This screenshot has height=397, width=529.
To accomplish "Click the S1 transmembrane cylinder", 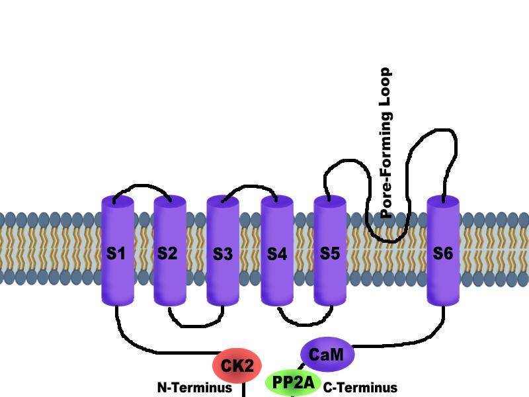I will [117, 252].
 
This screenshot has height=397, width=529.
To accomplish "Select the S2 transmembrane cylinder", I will [169, 252].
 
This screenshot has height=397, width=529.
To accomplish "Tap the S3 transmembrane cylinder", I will [223, 252].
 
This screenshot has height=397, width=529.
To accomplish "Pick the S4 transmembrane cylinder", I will [276, 252].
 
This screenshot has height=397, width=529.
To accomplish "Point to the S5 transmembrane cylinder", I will [329, 252].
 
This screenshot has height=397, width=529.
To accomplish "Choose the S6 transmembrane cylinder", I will [442, 252].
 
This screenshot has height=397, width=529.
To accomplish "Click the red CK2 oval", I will [237, 365].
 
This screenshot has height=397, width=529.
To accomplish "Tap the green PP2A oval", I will [294, 382].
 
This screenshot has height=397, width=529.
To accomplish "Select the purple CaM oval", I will [327, 354].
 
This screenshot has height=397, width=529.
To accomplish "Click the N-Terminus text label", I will [194, 388].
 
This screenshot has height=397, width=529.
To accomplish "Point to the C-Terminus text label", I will [360, 388].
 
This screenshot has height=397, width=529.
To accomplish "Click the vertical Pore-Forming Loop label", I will [386, 143].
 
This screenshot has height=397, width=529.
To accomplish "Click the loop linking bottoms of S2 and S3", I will [196, 325].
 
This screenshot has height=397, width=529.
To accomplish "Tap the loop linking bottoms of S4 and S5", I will [303, 325].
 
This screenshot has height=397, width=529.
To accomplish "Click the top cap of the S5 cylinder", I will [329, 201].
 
